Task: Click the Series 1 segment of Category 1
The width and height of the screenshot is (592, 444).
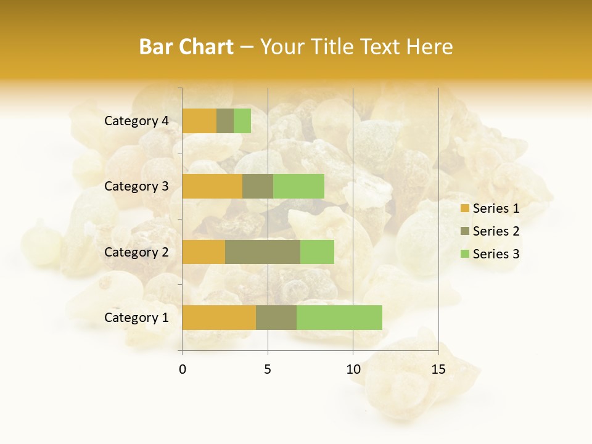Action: point(219,318)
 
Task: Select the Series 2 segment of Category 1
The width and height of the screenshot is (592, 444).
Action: point(276,318)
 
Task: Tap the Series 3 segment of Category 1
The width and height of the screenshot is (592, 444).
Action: point(339,318)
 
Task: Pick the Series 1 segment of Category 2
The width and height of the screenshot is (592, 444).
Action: point(203,252)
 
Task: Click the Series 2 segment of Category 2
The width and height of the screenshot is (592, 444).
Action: point(263,252)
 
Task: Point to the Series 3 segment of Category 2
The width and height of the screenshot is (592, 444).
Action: point(317,252)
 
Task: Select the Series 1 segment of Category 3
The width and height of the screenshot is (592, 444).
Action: point(212,186)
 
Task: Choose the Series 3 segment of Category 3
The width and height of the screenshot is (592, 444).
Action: point(298,186)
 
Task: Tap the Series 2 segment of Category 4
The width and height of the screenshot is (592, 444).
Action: point(225,121)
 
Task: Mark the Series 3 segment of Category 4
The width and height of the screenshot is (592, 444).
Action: point(242,121)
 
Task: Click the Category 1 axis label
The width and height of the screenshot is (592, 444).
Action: point(136,318)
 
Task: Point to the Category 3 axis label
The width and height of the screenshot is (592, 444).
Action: point(136,186)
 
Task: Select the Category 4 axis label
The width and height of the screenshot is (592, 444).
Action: point(136,121)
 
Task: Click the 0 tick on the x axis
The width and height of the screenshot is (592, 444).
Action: point(183,369)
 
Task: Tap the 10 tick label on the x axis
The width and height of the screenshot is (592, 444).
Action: point(353,369)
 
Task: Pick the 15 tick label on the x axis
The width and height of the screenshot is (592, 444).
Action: point(438,369)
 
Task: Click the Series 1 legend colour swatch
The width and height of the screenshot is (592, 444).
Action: point(465,208)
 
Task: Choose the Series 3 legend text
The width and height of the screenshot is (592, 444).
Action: point(496,254)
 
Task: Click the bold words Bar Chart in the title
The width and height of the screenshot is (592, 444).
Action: point(186,47)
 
